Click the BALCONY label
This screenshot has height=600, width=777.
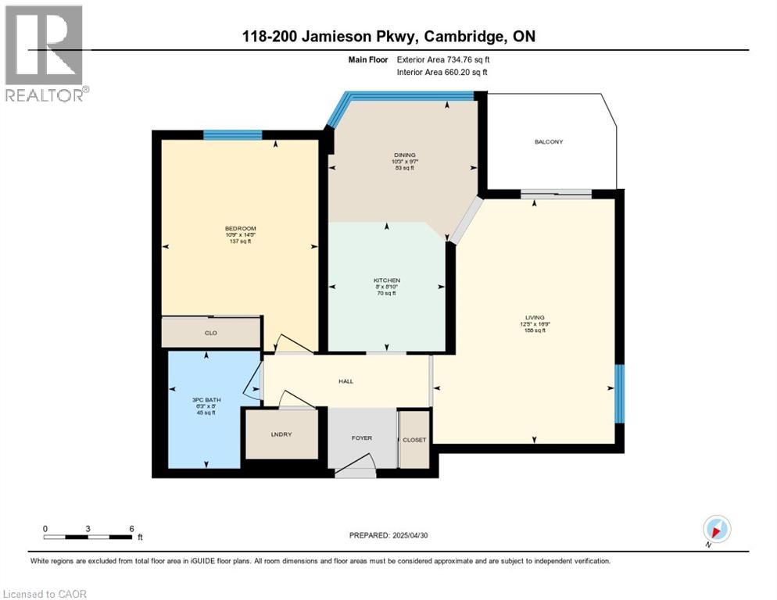(549, 142)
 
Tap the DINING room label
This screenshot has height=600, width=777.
(404, 155)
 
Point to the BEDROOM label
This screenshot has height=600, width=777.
(240, 228)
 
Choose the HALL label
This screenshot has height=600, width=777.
(346, 381)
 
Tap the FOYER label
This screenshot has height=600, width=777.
(361, 438)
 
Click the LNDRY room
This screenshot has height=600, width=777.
(281, 434)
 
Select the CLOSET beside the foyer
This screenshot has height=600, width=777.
(414, 440)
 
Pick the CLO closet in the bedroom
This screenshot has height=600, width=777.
(210, 333)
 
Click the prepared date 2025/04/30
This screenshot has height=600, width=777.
(388, 535)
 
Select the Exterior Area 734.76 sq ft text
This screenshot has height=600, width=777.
(442, 59)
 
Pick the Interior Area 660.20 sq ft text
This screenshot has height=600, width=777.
(442, 72)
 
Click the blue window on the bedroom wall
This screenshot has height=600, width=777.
(232, 135)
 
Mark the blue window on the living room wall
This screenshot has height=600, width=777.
(619, 394)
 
